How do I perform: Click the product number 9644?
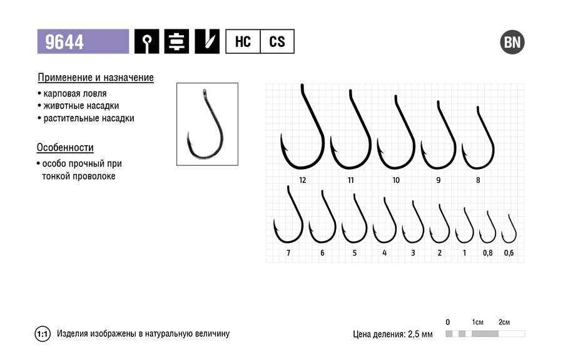tap(64, 42)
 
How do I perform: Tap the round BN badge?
tap(512, 42)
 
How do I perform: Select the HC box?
tap(243, 42)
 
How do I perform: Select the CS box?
tap(277, 42)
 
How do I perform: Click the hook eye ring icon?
tap(147, 42)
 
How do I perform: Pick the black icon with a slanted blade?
tap(207, 42)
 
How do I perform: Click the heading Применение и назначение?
tap(96, 78)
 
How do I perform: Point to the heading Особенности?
tap(65, 147)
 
